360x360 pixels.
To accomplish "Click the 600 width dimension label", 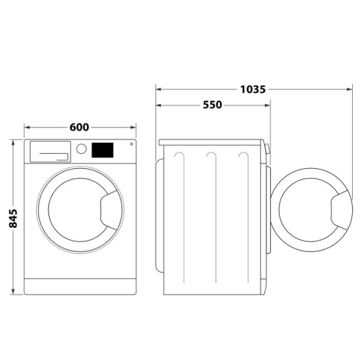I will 79,126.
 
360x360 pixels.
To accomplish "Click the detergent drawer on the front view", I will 50,151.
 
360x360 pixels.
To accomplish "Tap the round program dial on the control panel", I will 81,149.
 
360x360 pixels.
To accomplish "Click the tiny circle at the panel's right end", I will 132,144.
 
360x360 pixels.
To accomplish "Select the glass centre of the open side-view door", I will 308,209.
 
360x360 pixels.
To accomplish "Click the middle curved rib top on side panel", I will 211,154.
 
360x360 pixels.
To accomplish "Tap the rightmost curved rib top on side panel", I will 243,154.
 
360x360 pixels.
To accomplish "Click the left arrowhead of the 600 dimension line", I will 27,126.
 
